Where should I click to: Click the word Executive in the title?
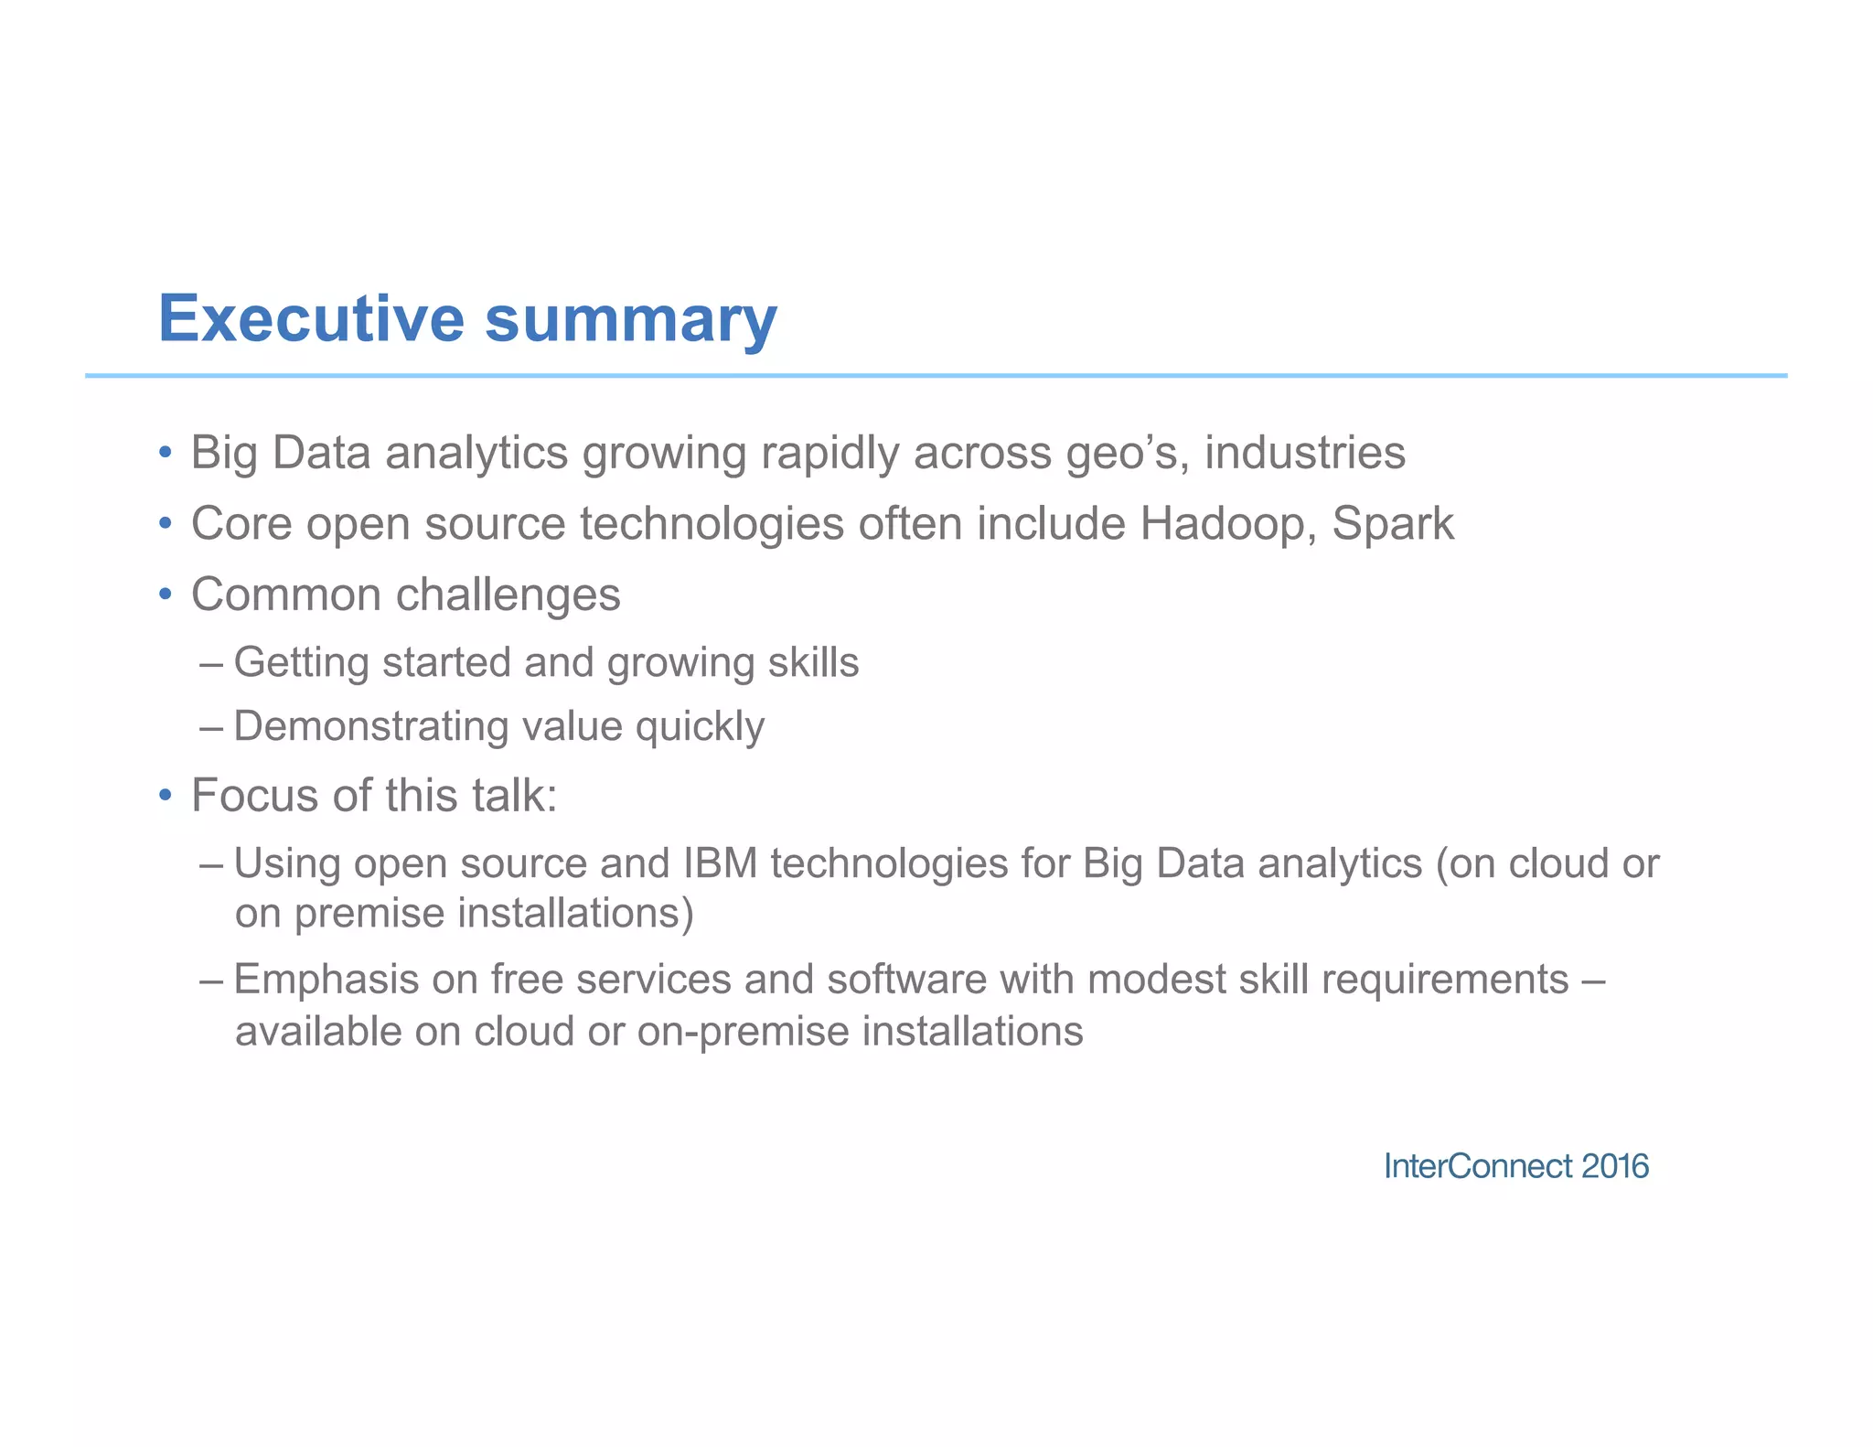click(x=312, y=319)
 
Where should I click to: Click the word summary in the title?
click(x=630, y=322)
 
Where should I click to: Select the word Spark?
click(x=1392, y=525)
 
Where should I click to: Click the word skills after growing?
click(x=813, y=662)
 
